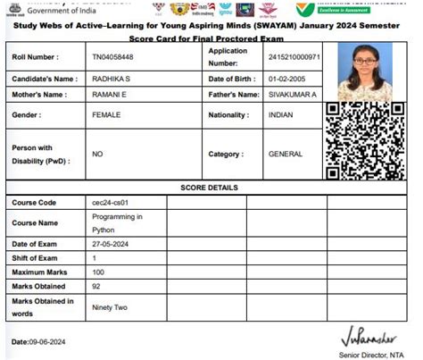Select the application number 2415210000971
[x=293, y=56]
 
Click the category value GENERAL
[x=286, y=154]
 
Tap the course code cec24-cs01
[x=111, y=203]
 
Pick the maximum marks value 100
[x=98, y=272]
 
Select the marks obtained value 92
[x=96, y=286]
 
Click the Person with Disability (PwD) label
[x=40, y=154]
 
